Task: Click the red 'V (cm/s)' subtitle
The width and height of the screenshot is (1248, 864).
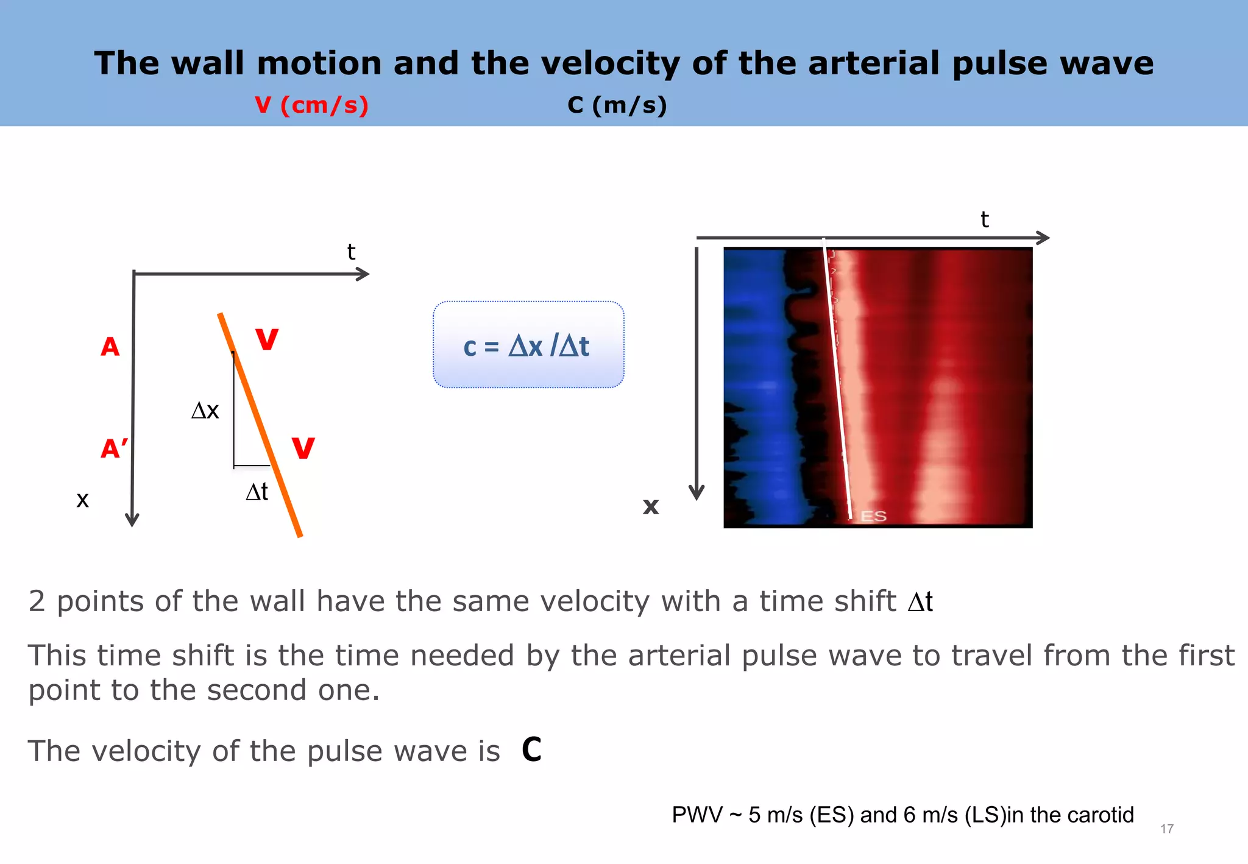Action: point(311,105)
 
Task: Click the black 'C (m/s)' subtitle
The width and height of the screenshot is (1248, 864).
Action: point(617,105)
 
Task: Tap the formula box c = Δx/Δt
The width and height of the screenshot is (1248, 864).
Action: point(528,345)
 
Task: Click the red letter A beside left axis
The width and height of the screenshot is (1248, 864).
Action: point(110,347)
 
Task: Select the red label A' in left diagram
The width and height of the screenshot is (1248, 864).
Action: point(114,449)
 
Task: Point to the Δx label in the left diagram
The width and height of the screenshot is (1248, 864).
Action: point(205,411)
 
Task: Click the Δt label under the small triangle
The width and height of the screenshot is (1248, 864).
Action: point(257,492)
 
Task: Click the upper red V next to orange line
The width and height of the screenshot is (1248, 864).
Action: point(267,339)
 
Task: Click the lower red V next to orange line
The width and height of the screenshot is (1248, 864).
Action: point(303,448)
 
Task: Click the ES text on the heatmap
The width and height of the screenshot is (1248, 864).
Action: point(873,517)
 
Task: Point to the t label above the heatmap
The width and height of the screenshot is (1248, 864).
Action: point(984,220)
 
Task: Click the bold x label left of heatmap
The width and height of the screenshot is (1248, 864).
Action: point(651,506)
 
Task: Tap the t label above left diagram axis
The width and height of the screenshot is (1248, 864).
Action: point(351,252)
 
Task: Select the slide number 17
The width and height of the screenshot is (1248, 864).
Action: point(1166,829)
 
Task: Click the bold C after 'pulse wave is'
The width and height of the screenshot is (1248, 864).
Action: point(531,750)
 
